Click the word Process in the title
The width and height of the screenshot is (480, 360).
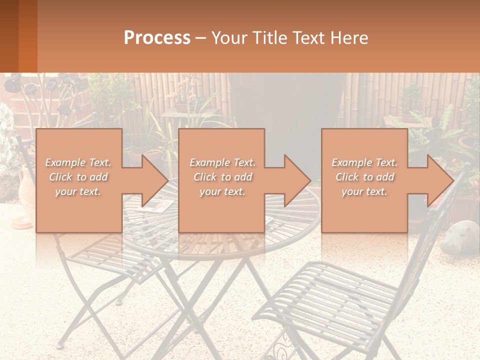coord(157,37)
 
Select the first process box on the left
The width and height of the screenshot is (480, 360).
coord(78,180)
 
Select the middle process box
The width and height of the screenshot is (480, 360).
coord(221,180)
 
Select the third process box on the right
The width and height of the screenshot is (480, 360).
coord(364,180)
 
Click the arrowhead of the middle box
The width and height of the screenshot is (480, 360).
coord(298,180)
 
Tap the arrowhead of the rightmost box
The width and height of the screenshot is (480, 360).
coord(440,180)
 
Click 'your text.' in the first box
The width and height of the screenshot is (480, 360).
coord(78,191)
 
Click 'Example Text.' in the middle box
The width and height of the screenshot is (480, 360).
coord(222,162)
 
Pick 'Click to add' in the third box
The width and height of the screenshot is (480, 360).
coord(365,177)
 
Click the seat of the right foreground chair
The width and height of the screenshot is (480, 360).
coord(325,295)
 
